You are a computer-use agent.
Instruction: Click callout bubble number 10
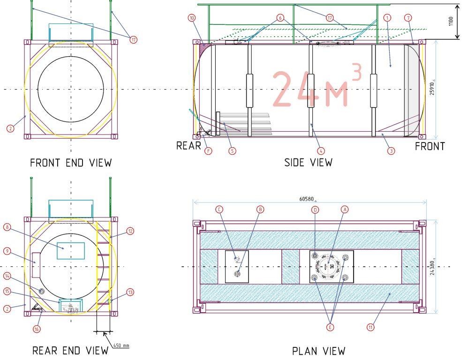tap(192, 18)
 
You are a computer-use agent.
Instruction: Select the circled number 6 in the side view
tap(280, 18)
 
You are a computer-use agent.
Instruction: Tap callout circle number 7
tap(408, 18)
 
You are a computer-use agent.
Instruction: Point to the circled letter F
tap(209, 151)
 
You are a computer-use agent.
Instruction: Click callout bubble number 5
tap(232, 151)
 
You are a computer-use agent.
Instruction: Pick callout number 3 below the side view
tap(392, 151)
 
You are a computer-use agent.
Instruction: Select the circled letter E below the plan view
tap(330, 327)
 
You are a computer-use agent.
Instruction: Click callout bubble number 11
tap(370, 327)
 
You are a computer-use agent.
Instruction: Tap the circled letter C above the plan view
tap(219, 210)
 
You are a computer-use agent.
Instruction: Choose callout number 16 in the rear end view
tap(36, 329)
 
